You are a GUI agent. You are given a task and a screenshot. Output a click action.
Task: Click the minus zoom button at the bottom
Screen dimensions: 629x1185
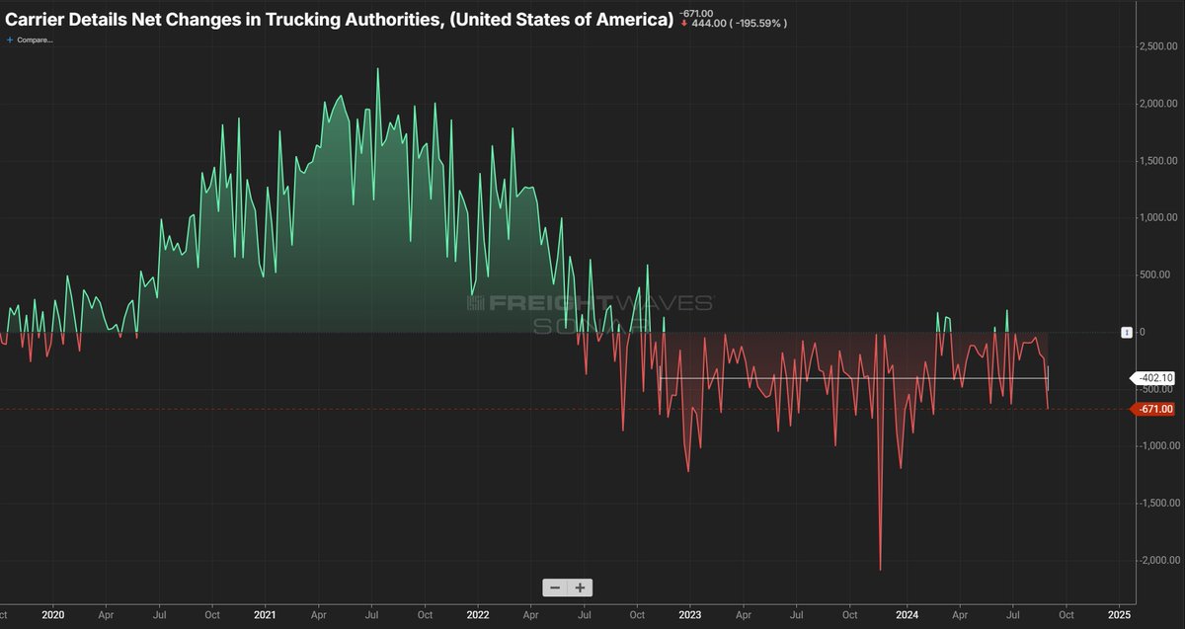555,588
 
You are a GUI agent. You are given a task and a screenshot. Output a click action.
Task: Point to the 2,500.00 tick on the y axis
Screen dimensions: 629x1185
1156,46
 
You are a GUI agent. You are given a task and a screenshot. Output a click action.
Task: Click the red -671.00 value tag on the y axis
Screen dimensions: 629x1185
1151,409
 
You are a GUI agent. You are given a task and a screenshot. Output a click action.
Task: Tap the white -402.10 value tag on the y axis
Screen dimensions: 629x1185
1151,377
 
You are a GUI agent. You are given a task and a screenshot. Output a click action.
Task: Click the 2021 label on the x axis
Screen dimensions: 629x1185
265,613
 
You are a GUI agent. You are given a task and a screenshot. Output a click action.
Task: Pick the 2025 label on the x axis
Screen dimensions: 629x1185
1120,613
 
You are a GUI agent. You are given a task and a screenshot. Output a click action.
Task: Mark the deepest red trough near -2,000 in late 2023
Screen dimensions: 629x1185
880,569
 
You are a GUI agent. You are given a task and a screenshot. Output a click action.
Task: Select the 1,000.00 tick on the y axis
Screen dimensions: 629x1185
1156,218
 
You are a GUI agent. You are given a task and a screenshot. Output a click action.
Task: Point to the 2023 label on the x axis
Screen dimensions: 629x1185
689,613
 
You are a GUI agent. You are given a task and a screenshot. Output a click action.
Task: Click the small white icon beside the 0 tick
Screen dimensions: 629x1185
1126,333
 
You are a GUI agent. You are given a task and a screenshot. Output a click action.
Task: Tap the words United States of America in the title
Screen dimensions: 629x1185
561,20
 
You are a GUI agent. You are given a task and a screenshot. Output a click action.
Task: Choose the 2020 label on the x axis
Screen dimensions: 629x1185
52,613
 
